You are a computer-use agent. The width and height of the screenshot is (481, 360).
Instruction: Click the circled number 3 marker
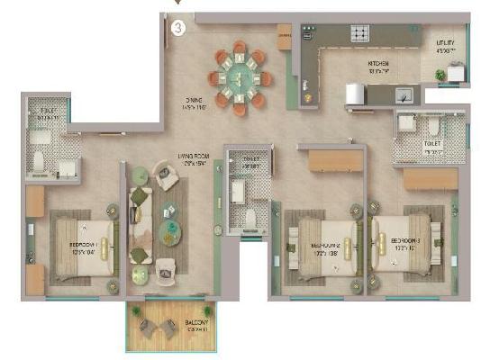178,27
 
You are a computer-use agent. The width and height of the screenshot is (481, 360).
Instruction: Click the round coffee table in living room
170,233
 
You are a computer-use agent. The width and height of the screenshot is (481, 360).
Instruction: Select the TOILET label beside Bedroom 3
432,144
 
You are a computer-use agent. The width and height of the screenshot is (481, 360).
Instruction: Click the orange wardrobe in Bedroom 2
335,160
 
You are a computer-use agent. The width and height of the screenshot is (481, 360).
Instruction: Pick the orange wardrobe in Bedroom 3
431,179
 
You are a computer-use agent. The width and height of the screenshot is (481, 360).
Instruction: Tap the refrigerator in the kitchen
354,94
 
